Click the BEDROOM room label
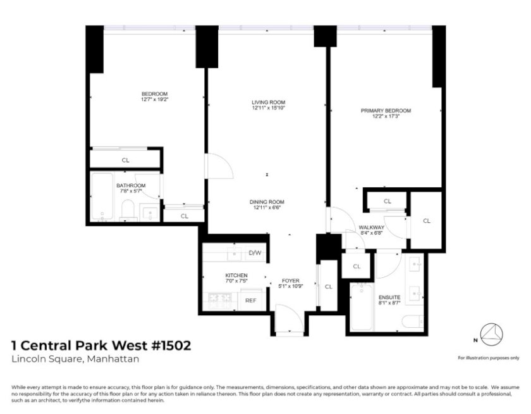154,94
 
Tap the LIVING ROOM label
268,103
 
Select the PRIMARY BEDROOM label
386,111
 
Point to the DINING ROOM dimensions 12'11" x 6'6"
267,208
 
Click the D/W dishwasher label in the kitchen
255,253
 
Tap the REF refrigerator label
250,301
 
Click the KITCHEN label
236,275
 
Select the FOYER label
291,280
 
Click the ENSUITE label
389,298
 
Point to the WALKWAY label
372,227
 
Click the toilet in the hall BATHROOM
128,210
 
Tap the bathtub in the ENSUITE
362,307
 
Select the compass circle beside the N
492,335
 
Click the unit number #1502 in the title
171,346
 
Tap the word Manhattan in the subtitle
113,359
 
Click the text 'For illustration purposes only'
488,358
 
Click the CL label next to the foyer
329,287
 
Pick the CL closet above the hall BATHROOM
125,160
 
